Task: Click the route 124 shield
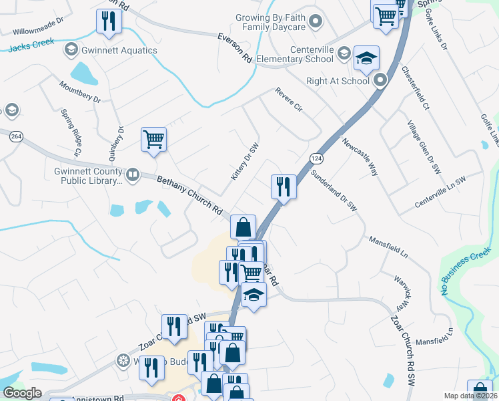click(x=316, y=158)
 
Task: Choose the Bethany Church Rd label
click(x=189, y=194)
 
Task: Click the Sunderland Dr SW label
click(x=334, y=190)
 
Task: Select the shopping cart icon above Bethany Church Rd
click(x=153, y=140)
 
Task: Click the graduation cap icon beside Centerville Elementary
click(x=366, y=59)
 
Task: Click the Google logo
click(x=23, y=393)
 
